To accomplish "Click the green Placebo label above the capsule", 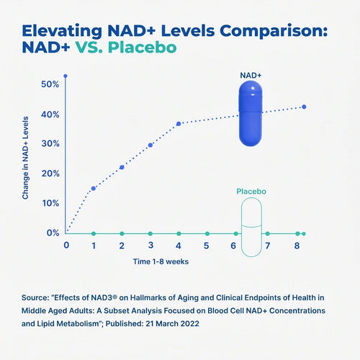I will click(252, 192).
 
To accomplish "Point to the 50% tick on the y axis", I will click(50, 85).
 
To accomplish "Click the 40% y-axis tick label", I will click(50, 114).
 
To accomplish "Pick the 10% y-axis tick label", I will click(50, 203).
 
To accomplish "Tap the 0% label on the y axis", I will click(52, 233).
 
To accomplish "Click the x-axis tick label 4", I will click(179, 246).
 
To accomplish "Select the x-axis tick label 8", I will click(297, 246).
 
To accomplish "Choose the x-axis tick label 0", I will click(66, 246).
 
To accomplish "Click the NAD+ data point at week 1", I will click(94, 188).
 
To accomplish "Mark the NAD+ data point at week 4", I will click(179, 124).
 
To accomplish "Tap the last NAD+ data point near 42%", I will click(305, 107).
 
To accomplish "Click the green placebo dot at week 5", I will click(207, 233).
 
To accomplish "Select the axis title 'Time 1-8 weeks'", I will click(161, 261).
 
